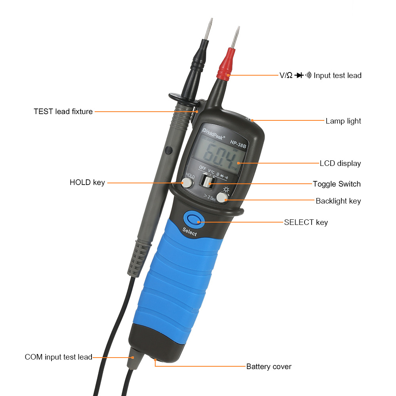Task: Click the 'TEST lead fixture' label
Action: [63, 112]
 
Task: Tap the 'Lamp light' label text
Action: [343, 121]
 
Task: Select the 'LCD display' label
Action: [340, 163]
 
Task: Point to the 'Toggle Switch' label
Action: [337, 184]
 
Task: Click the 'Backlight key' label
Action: [338, 201]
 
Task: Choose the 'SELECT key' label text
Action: [306, 222]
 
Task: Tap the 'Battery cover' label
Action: [268, 366]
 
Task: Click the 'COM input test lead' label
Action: [58, 357]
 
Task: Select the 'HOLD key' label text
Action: [87, 183]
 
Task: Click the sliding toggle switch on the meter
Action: [207, 182]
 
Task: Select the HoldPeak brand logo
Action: [213, 135]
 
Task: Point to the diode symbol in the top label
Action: [299, 75]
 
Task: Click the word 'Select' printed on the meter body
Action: [189, 232]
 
